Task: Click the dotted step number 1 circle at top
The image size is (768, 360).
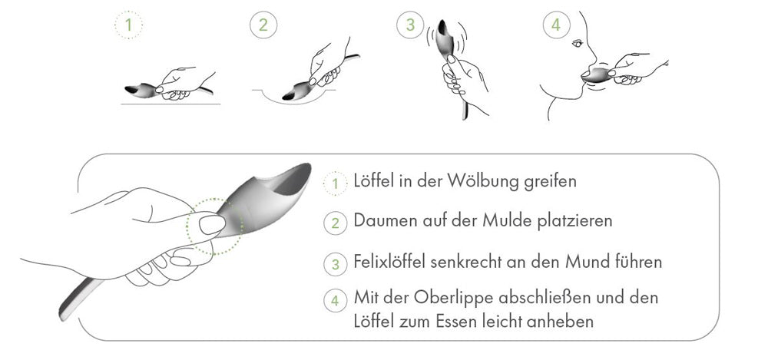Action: (128, 25)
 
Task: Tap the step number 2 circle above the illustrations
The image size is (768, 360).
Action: (263, 25)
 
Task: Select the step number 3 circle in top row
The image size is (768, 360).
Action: (410, 25)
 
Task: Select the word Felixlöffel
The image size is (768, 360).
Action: (396, 262)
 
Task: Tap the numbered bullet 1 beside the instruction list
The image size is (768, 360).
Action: (335, 183)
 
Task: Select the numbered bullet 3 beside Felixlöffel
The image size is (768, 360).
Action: (335, 263)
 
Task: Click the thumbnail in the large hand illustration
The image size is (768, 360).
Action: (211, 224)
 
